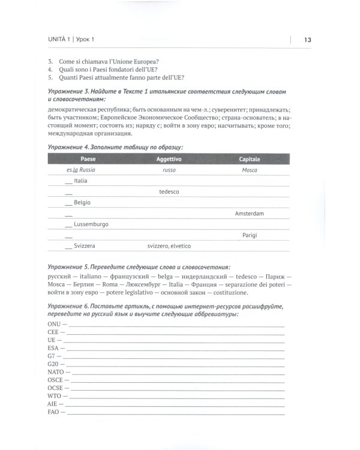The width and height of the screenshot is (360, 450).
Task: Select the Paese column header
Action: click(x=88, y=159)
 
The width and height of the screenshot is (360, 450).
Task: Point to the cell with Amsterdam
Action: click(x=249, y=214)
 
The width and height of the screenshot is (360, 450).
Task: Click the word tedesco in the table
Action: click(x=169, y=192)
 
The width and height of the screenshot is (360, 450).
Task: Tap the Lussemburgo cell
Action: click(x=91, y=224)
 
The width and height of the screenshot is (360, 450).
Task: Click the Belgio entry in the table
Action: click(x=82, y=203)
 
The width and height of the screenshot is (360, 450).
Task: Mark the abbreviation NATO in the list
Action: click(x=55, y=372)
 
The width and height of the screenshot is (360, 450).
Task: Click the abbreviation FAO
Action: click(x=53, y=412)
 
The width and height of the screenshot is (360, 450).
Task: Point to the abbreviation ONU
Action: click(x=53, y=323)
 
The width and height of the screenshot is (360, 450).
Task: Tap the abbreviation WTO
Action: click(x=54, y=396)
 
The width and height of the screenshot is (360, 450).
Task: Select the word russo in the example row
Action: click(x=169, y=170)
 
